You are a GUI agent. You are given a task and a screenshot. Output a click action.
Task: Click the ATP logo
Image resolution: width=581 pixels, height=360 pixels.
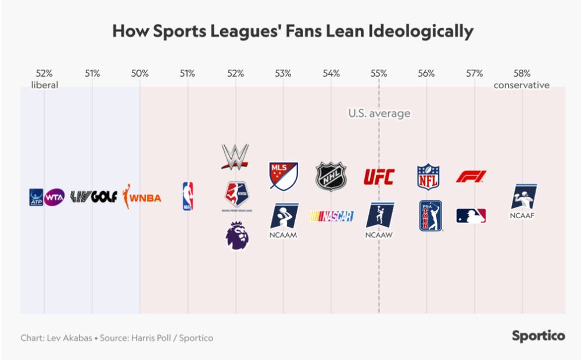tap(36, 197)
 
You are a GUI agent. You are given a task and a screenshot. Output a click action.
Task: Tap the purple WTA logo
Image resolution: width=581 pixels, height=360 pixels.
tap(55, 197)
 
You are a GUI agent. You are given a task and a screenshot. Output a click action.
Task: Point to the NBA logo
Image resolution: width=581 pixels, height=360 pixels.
tap(188, 196)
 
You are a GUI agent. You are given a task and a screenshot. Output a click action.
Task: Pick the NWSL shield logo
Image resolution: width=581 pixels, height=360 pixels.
tap(235, 194)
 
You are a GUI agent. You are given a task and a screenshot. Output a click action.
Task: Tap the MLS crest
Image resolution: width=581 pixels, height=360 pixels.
tap(283, 176)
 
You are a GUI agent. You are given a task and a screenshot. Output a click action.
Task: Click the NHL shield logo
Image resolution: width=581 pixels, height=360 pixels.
tap(331, 176)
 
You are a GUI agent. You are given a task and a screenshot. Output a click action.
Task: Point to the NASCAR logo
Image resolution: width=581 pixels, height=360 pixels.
tap(331, 217)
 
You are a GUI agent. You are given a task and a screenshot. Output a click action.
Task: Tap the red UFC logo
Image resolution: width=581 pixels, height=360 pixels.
tap(379, 177)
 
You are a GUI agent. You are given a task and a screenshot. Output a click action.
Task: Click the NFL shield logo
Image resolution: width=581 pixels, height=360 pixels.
tap(428, 177)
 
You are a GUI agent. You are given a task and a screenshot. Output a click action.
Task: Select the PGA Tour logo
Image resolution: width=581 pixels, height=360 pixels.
tap(431, 216)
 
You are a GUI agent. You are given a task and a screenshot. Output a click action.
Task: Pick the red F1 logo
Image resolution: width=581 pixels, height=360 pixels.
tap(471, 177)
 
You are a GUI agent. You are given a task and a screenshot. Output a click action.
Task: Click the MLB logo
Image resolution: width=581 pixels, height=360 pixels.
tap(471, 217)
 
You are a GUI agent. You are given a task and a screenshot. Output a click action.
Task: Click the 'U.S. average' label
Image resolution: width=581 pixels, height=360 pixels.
tap(379, 113)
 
